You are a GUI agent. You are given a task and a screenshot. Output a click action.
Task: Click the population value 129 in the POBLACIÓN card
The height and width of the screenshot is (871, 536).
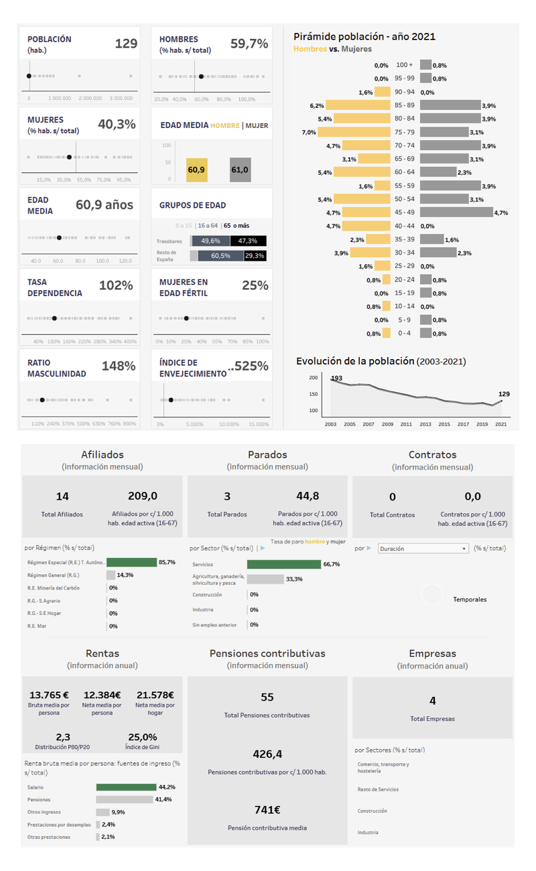point(126,44)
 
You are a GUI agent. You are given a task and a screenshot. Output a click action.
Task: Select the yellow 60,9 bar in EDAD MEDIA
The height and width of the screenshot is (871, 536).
point(196,170)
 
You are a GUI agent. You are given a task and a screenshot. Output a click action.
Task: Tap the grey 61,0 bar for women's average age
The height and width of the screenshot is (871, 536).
point(240,170)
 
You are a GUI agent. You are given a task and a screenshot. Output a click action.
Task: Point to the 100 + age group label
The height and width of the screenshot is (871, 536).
point(405,65)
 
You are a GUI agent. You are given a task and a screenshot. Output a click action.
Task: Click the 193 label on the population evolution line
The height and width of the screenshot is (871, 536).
point(336,379)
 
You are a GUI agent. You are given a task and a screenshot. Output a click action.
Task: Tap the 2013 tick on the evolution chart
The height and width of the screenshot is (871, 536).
point(425,424)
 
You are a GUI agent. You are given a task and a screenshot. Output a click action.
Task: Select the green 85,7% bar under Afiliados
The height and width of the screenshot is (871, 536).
point(131,562)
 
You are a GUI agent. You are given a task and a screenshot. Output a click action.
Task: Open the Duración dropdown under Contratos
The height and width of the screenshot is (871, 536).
point(423,548)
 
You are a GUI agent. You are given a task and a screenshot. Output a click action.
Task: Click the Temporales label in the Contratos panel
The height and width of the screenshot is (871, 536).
point(470,599)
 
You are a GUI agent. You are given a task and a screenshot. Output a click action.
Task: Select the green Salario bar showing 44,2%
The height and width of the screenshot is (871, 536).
point(126,787)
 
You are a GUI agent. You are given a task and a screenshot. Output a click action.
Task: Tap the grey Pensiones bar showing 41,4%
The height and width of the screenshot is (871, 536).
point(125,799)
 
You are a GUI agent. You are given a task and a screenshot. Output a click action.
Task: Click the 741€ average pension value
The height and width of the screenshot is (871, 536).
point(267,809)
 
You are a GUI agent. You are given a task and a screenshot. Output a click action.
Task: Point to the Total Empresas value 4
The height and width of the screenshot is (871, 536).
point(432,701)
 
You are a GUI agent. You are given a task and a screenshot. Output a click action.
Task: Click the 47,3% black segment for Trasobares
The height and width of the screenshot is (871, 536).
point(250,241)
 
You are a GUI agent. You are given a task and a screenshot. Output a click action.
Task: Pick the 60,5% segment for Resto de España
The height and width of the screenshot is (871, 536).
point(220,255)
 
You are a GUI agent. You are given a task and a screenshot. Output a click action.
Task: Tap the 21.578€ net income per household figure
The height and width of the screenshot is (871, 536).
point(155,695)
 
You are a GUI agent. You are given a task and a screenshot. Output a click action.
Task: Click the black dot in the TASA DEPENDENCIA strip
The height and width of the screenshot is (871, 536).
point(54,318)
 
